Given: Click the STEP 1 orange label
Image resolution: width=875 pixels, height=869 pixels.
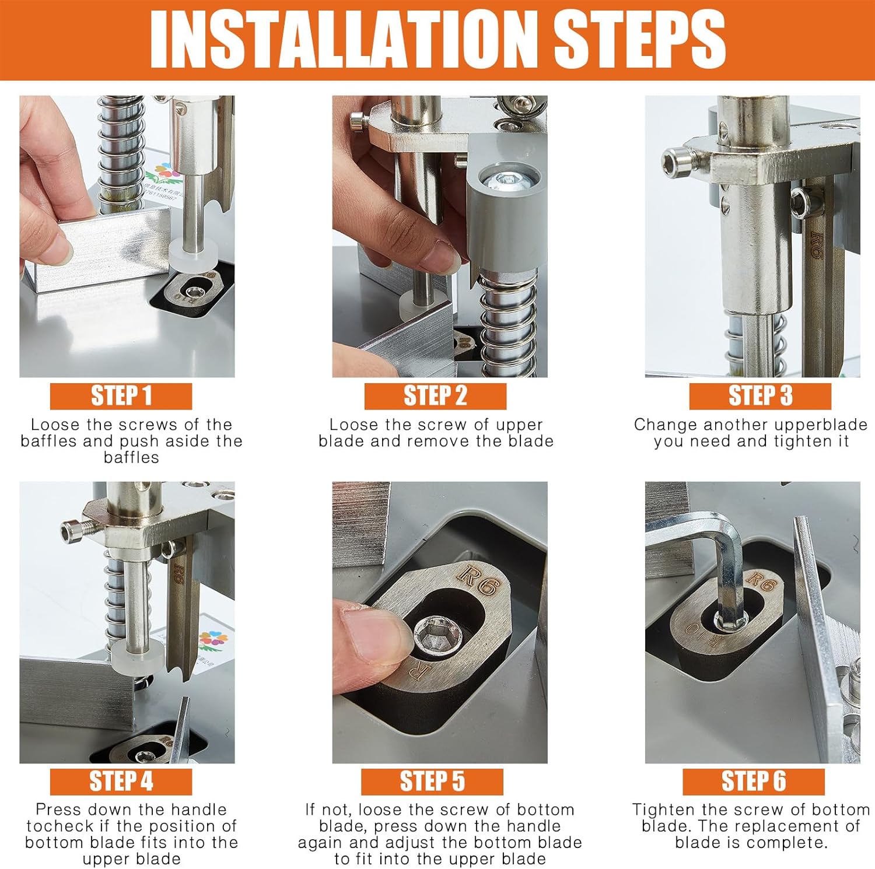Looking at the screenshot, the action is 121,396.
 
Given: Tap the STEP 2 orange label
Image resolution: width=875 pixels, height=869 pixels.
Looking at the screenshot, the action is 435,396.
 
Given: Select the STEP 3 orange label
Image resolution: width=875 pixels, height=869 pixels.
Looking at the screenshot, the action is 760,396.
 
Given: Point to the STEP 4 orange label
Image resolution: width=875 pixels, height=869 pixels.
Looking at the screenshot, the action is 121,782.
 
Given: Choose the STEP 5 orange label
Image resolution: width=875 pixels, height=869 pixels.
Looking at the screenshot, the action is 432,782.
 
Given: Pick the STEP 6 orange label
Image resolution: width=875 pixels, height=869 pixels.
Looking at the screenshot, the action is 754,782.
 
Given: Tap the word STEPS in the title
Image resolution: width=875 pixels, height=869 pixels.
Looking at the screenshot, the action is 639,39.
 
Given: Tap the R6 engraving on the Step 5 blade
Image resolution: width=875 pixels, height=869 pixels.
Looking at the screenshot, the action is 477,581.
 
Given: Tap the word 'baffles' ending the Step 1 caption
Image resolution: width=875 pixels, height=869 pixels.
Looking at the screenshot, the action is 131,458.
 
